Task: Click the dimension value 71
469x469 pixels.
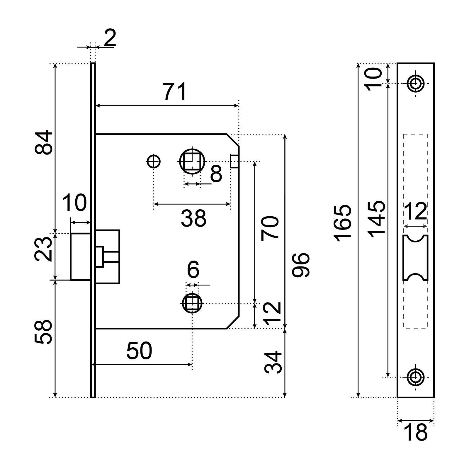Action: click(x=175, y=92)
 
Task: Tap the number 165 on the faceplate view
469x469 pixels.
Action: click(x=343, y=223)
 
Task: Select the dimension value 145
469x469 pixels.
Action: click(x=376, y=218)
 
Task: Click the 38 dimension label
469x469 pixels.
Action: click(x=193, y=218)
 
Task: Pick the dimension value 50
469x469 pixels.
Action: click(x=139, y=351)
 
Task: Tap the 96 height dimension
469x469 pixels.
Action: click(x=301, y=265)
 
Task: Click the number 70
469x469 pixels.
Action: click(x=270, y=228)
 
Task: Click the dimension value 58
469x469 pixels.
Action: click(x=43, y=332)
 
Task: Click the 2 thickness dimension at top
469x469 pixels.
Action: click(x=110, y=38)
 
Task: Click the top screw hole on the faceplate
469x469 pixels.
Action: click(x=415, y=84)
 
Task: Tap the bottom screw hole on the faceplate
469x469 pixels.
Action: click(x=415, y=377)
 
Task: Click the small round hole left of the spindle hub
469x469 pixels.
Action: click(x=153, y=161)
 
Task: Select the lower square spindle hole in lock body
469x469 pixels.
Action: click(x=192, y=303)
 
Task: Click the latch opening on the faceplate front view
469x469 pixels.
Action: click(x=415, y=258)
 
